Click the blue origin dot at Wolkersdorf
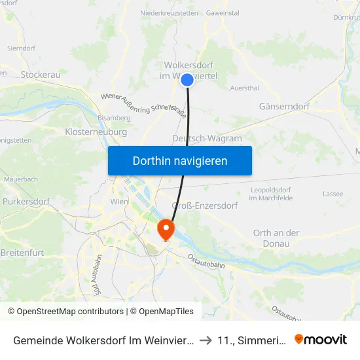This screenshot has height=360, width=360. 187,80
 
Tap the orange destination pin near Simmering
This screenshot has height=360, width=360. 166,230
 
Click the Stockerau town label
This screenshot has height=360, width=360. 41,75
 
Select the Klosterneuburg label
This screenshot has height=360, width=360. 91,132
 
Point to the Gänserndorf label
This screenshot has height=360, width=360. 284,105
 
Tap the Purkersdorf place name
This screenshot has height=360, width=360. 26,202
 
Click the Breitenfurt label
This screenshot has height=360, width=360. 22,252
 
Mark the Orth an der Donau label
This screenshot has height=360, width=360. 276,238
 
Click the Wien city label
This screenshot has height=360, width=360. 120,202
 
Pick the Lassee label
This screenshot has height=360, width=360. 333,194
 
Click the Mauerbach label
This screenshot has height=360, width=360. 21,178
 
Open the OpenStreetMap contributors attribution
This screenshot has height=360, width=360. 65,312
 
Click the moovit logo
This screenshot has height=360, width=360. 321,339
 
